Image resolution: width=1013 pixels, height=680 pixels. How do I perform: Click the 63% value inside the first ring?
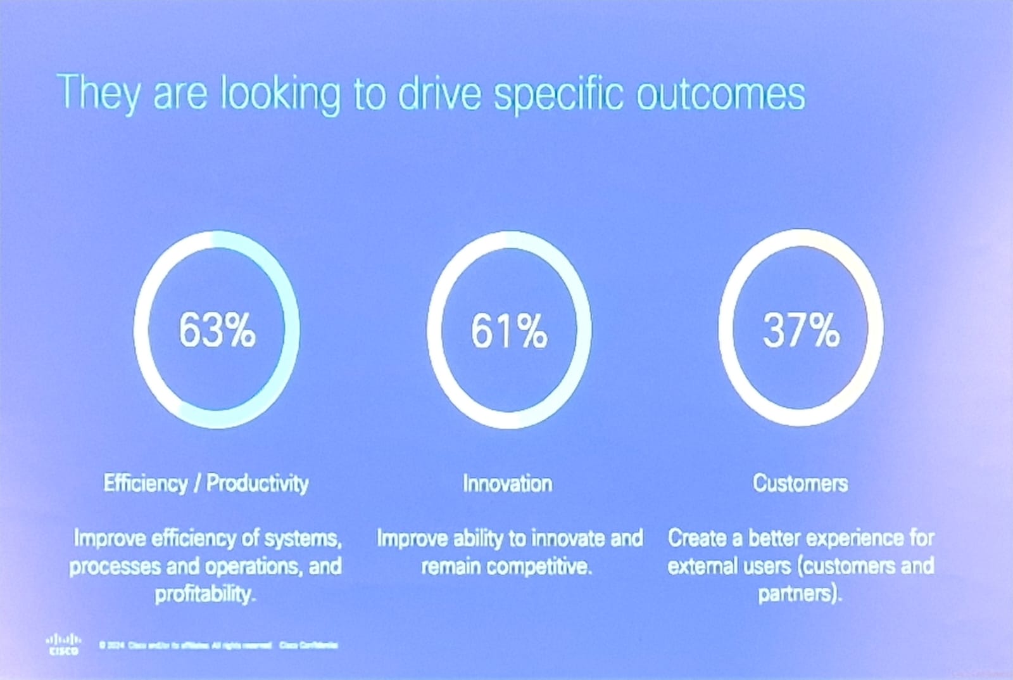tap(217, 330)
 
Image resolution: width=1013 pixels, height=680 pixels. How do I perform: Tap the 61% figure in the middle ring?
tap(508, 331)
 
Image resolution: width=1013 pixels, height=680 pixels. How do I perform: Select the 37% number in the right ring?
tap(801, 330)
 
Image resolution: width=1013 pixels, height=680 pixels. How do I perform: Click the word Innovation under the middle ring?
tap(507, 484)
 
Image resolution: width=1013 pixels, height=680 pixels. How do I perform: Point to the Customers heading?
tap(800, 484)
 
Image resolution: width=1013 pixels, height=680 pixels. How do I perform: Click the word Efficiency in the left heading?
tap(146, 484)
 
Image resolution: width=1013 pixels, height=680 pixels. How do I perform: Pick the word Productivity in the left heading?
tap(258, 484)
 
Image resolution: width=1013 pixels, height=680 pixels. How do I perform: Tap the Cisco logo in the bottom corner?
tap(65, 644)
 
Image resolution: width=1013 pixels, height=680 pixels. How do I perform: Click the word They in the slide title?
tap(99, 93)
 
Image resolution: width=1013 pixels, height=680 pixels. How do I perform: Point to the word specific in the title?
tap(558, 95)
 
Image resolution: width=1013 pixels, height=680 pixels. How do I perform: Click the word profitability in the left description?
tap(204, 594)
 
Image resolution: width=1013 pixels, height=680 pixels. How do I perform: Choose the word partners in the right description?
tap(798, 594)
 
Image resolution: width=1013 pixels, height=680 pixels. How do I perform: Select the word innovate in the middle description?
tap(567, 538)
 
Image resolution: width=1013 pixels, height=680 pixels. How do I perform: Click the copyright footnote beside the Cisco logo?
tap(218, 645)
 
